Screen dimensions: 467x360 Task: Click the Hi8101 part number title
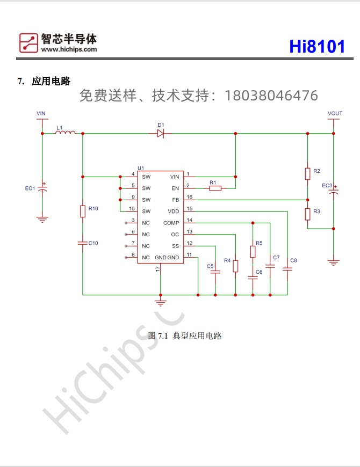coord(317,46)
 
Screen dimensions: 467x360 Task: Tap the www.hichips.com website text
coord(69,49)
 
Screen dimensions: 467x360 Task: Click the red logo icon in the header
coord(28,43)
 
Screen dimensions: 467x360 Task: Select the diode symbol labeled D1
coord(161,134)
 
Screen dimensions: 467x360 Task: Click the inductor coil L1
coord(65,133)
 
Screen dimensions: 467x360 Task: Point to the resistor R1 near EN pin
coord(214,188)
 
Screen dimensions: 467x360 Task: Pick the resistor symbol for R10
coord(83,211)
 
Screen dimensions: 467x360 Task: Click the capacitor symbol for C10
coord(83,243)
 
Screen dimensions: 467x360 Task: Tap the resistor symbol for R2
coord(307,173)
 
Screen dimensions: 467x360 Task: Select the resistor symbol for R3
coord(307,214)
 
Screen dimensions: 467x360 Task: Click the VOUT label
coord(335,113)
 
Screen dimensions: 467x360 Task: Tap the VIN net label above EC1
coord(41,113)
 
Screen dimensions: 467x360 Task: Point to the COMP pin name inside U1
coord(171,223)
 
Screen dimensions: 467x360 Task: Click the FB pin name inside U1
coord(175,200)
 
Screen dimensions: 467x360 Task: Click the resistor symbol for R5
coord(253,252)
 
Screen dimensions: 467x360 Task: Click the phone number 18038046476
coord(271,96)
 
